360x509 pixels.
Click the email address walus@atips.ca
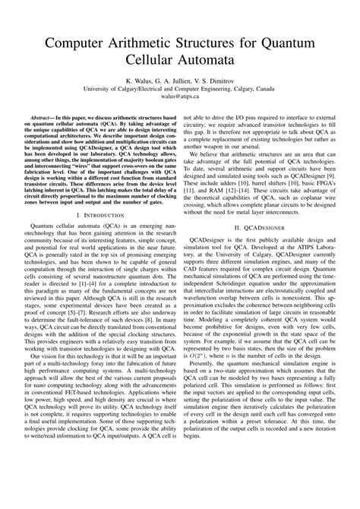(x=180, y=97)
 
